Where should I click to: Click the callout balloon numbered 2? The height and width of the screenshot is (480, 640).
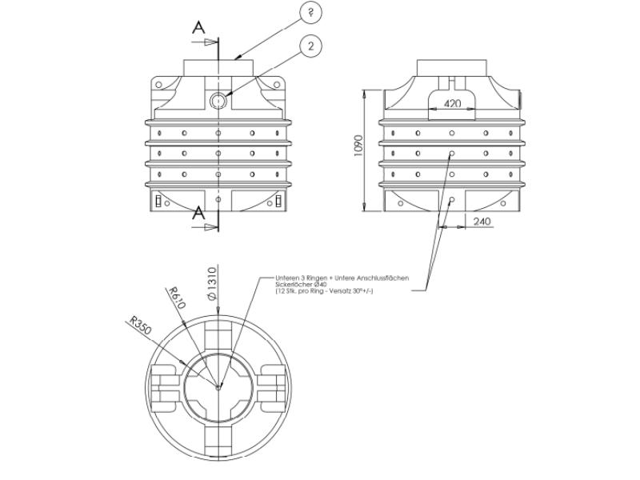pyautogui.click(x=310, y=46)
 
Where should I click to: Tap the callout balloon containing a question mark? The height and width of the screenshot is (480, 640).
pyautogui.click(x=310, y=12)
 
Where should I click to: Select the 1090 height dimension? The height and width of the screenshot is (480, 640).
pyautogui.click(x=358, y=145)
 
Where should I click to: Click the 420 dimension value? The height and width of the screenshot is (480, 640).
pyautogui.click(x=452, y=104)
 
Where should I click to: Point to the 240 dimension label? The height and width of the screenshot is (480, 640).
pyautogui.click(x=482, y=222)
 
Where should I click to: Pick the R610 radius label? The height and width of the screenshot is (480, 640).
pyautogui.click(x=177, y=298)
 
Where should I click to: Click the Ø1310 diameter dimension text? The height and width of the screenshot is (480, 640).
pyautogui.click(x=213, y=284)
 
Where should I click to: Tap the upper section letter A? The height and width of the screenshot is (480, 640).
pyautogui.click(x=198, y=28)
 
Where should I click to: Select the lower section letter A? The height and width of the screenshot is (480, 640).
pyautogui.click(x=198, y=214)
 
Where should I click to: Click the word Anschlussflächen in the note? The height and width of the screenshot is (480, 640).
pyautogui.click(x=381, y=278)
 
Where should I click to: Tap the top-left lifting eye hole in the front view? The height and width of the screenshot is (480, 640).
pyautogui.click(x=159, y=84)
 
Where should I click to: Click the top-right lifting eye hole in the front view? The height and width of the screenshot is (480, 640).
pyautogui.click(x=278, y=84)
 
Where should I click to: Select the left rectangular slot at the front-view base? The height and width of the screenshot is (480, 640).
pyautogui.click(x=158, y=200)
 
